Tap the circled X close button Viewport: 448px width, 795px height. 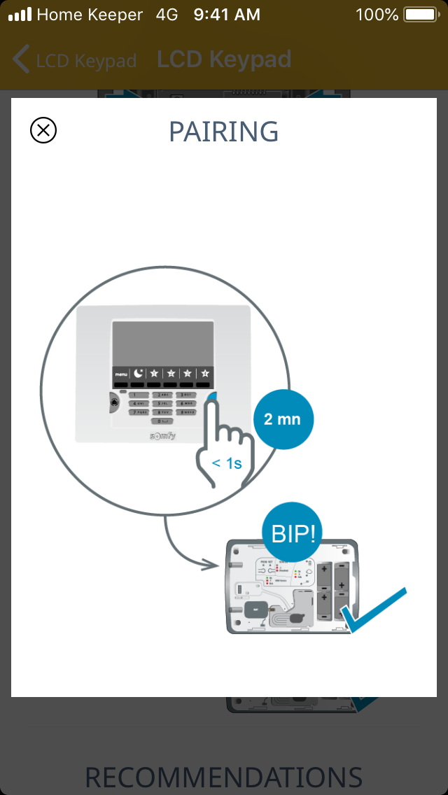click(43, 130)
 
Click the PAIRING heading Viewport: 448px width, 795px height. click(224, 132)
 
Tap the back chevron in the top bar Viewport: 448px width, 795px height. click(22, 59)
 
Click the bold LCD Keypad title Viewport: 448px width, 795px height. click(224, 59)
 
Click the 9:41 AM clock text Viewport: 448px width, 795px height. click(227, 14)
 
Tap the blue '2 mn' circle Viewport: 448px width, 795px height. click(282, 420)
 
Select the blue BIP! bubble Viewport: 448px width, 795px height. click(293, 534)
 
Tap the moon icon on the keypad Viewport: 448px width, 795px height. click(138, 373)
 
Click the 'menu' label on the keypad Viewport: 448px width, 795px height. click(121, 374)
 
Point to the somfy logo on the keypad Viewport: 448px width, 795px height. click(162, 436)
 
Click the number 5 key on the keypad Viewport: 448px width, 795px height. click(162, 404)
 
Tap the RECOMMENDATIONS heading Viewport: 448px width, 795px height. click(224, 777)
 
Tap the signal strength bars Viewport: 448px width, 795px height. click(19, 14)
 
